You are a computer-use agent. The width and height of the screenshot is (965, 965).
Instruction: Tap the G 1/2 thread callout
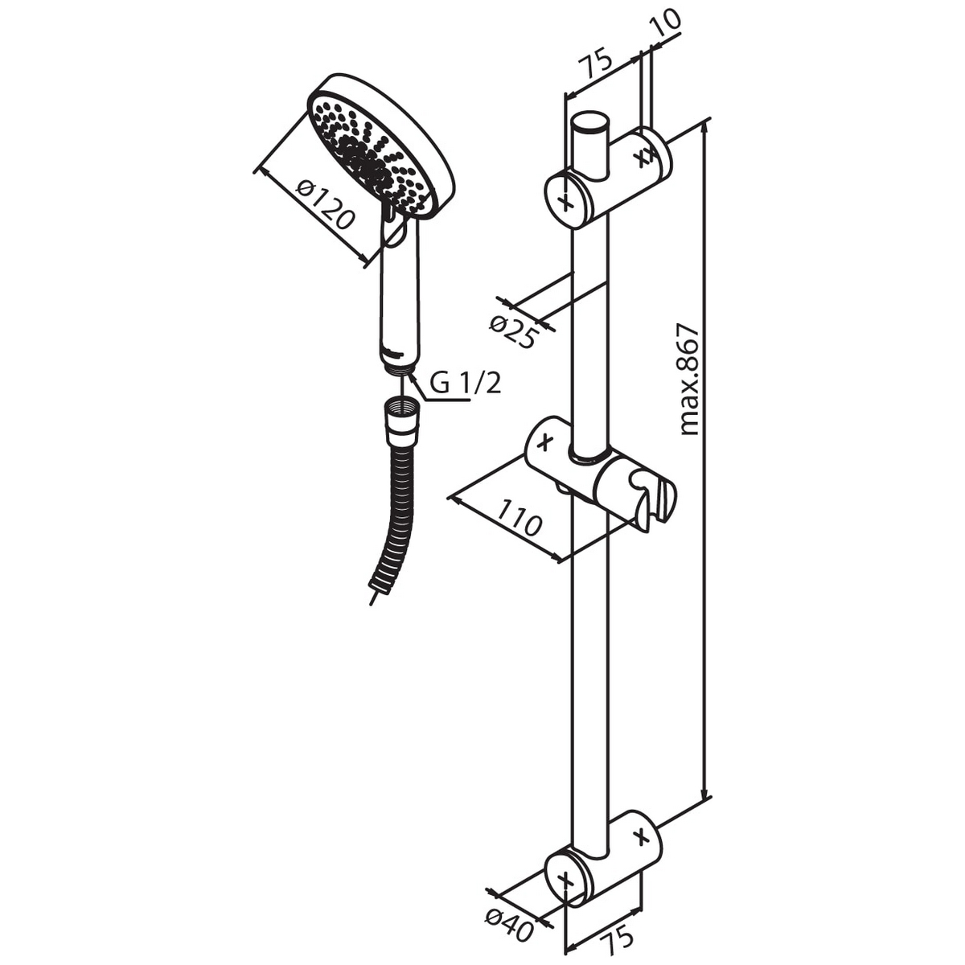pyautogui.click(x=465, y=383)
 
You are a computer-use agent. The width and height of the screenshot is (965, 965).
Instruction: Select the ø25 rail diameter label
pyautogui.click(x=511, y=332)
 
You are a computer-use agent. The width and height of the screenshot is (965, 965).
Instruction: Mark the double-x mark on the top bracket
pyautogui.click(x=643, y=154)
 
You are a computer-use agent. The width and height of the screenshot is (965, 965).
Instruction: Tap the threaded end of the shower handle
pyautogui.click(x=398, y=369)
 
